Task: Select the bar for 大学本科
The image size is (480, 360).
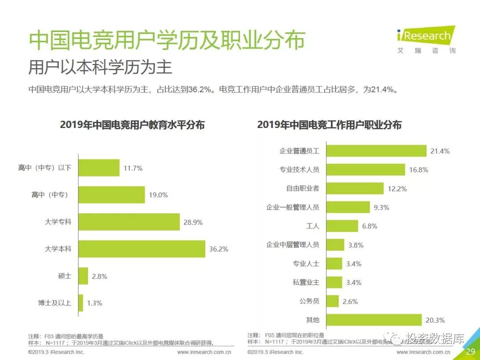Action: coord(142,249)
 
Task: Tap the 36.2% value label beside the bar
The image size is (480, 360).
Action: coord(219,249)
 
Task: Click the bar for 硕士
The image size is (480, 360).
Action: coord(83,276)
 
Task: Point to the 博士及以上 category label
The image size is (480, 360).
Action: coord(54,303)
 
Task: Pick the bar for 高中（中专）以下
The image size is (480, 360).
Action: coord(99,168)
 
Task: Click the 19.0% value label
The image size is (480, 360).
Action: coord(158,195)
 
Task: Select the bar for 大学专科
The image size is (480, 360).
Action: coord(129,222)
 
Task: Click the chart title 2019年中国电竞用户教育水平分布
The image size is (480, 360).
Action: coord(132,125)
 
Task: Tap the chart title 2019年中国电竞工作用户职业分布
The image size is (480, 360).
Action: coord(329,125)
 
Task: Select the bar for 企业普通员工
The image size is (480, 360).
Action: coord(376,151)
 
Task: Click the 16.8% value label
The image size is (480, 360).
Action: coord(419,170)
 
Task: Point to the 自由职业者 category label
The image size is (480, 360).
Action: coord(302,188)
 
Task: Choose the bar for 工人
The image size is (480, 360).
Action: coord(342,226)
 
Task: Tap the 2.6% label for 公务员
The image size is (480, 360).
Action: coord(350,301)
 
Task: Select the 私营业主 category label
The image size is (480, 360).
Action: coord(306,282)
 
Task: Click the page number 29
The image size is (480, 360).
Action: coord(470,352)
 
